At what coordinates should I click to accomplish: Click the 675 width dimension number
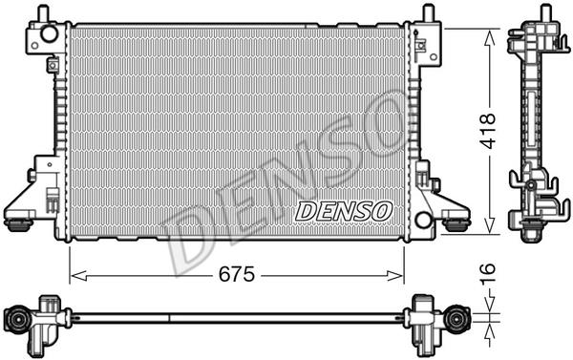pos(237,274)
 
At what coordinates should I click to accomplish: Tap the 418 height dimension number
pos(488,131)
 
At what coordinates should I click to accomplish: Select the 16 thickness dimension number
pos(488,273)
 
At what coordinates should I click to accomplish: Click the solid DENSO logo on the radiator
pos(344,211)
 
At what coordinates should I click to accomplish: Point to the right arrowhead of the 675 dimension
pos(395,276)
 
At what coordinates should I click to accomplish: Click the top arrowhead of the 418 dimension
pos(489,37)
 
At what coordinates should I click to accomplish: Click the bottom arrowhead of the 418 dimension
pos(489,224)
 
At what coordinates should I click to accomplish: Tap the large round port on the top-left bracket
pos(49,33)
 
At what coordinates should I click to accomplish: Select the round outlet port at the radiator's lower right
pos(423,220)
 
